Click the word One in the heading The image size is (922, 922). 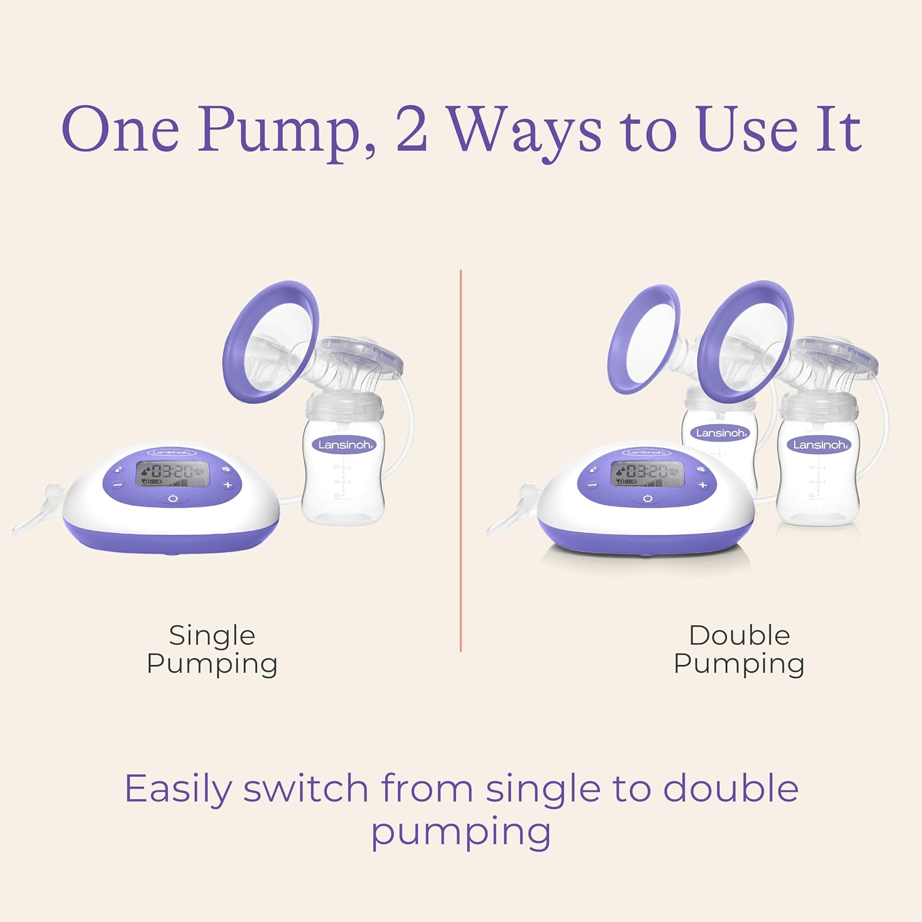(x=120, y=130)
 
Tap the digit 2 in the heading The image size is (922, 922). (x=411, y=130)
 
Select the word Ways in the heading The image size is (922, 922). (x=524, y=131)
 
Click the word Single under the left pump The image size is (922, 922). (x=212, y=636)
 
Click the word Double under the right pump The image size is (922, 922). (x=739, y=636)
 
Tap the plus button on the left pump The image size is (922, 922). (x=228, y=485)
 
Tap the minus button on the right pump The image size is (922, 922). (x=592, y=485)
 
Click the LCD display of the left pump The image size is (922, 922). (x=172, y=473)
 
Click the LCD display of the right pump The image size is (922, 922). (x=647, y=473)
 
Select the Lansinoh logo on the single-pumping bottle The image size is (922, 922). (x=344, y=444)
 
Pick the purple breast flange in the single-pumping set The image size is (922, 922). (x=270, y=342)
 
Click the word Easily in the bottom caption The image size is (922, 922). (x=178, y=789)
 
